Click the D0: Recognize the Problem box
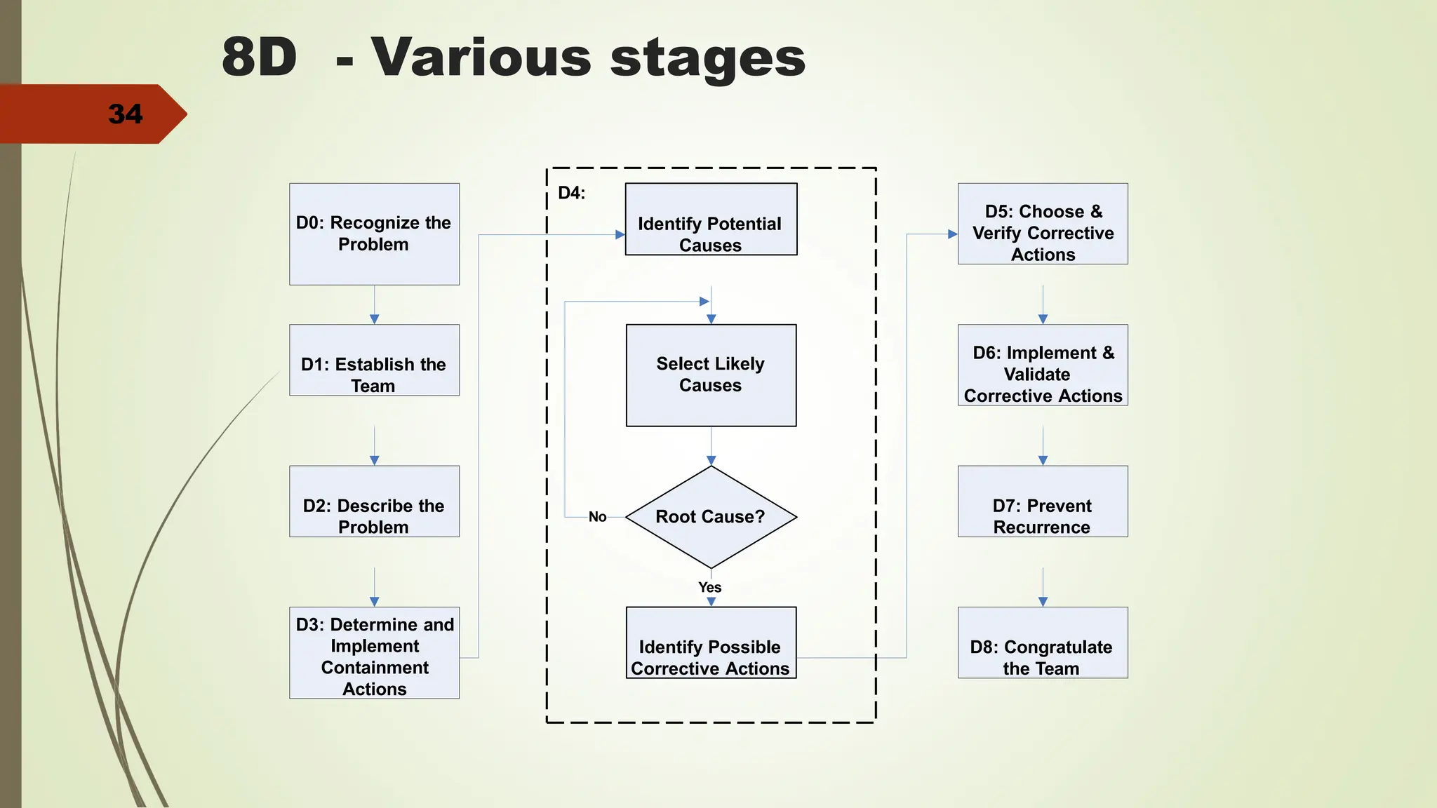[374, 234]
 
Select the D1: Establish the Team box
[374, 361]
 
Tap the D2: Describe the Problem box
[374, 502]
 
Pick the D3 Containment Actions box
[374, 653]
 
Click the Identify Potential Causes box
[711, 220]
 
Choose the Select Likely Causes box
[711, 375]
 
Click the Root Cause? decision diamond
[711, 517]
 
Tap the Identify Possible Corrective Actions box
[711, 643]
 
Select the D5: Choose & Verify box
[1043, 224]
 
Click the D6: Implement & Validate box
[1043, 365]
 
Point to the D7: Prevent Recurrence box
[1043, 502]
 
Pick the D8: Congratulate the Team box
[1043, 643]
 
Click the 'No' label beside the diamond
[598, 517]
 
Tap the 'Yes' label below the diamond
[710, 587]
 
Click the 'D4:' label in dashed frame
[571, 193]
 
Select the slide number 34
[126, 114]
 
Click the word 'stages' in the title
[708, 58]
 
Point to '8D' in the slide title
[260, 57]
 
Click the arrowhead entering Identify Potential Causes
[620, 235]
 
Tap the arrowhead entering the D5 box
[953, 234]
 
